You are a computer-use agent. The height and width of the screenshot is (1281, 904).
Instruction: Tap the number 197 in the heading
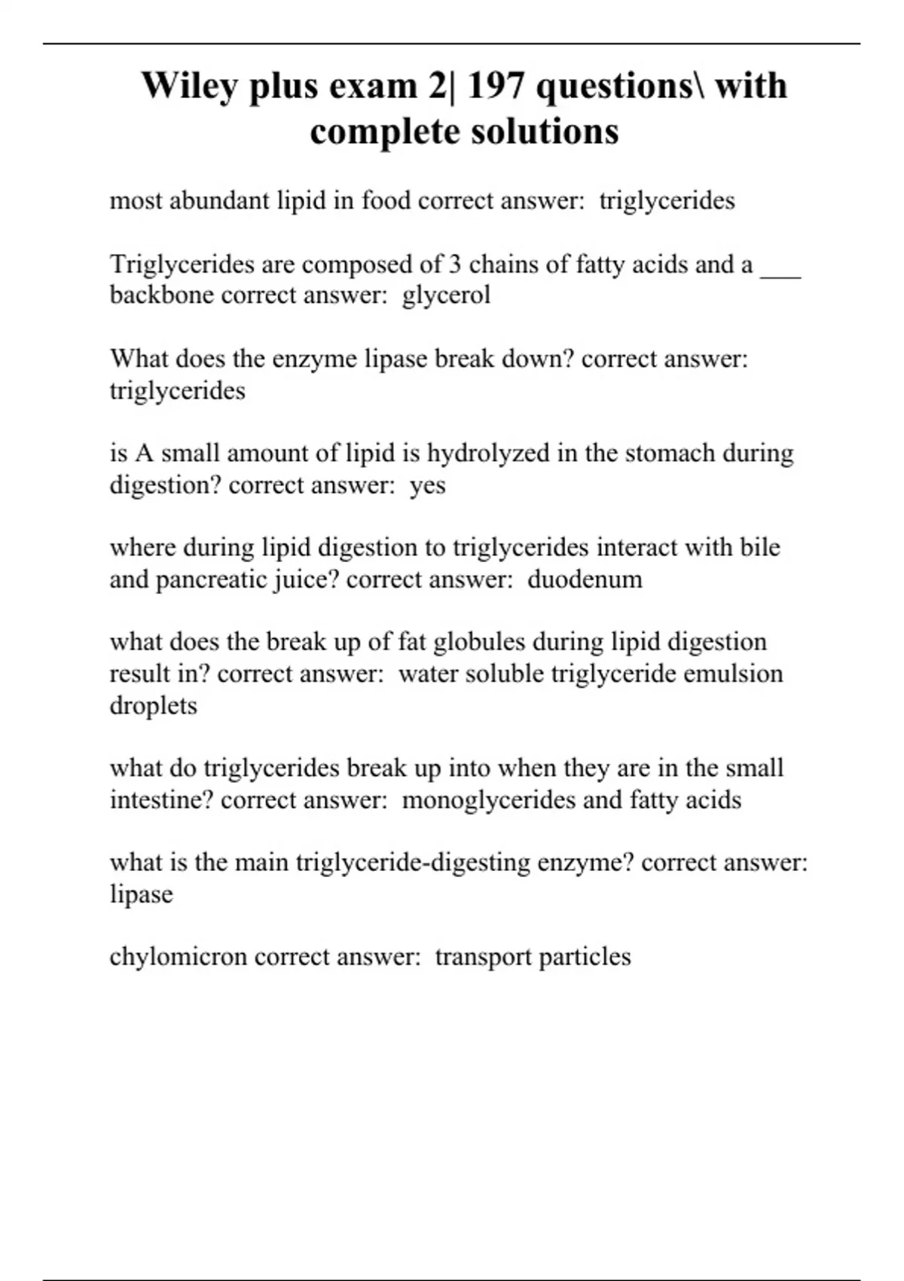(496, 86)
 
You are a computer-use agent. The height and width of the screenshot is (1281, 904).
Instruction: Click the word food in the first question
(386, 200)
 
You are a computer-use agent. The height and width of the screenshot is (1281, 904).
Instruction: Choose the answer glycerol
(446, 295)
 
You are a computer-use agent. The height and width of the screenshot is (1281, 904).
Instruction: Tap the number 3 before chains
(454, 264)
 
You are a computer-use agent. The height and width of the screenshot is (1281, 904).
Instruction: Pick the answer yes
(428, 486)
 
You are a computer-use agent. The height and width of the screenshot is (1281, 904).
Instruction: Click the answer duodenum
(585, 579)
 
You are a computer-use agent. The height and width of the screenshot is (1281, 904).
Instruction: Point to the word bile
(759, 548)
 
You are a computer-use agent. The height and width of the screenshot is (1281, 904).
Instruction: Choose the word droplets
(153, 706)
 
